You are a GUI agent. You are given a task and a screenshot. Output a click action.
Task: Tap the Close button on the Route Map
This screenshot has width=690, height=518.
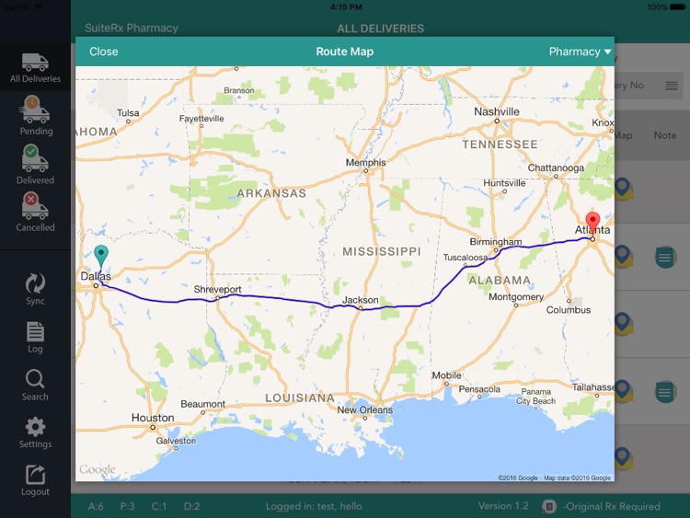pos(104,52)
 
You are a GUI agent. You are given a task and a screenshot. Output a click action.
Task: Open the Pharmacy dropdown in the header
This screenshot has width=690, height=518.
pos(580,52)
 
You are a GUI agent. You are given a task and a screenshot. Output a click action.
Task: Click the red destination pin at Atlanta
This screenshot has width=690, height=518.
pos(592,223)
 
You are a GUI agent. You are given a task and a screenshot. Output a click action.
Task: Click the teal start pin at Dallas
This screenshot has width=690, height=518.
pos(101,257)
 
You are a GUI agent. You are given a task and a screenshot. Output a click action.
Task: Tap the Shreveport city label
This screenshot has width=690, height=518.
pos(217,290)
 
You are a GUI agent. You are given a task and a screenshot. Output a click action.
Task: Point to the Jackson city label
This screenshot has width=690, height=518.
pos(360,300)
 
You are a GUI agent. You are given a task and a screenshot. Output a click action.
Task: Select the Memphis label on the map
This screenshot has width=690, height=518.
pos(366,163)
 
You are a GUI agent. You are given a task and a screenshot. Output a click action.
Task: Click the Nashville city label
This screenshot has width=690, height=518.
pos(497,111)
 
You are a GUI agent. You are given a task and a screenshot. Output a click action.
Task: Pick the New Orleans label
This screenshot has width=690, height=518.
pos(365,410)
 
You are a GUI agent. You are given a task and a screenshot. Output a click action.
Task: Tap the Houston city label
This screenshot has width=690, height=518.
pos(153,418)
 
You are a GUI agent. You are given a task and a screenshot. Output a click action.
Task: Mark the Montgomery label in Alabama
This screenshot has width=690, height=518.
pos(516,297)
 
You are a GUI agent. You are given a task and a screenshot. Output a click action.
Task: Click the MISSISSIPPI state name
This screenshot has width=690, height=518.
pos(381,251)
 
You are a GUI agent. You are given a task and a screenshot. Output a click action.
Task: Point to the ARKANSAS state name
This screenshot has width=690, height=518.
pos(271,193)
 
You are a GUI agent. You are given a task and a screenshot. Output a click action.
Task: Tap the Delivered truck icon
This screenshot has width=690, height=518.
pos(35,158)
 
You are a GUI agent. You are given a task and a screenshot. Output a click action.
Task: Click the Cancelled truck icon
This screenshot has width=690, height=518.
pos(35,206)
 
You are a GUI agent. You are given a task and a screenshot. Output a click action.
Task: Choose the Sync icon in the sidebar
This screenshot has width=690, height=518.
pos(35,282)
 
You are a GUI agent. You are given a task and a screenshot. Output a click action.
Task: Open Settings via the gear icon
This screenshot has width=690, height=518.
pos(35,427)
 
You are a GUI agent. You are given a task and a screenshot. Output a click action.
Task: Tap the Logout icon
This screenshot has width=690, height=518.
pos(35,475)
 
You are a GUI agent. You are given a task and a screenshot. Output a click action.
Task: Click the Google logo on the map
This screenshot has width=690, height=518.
pos(97,470)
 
